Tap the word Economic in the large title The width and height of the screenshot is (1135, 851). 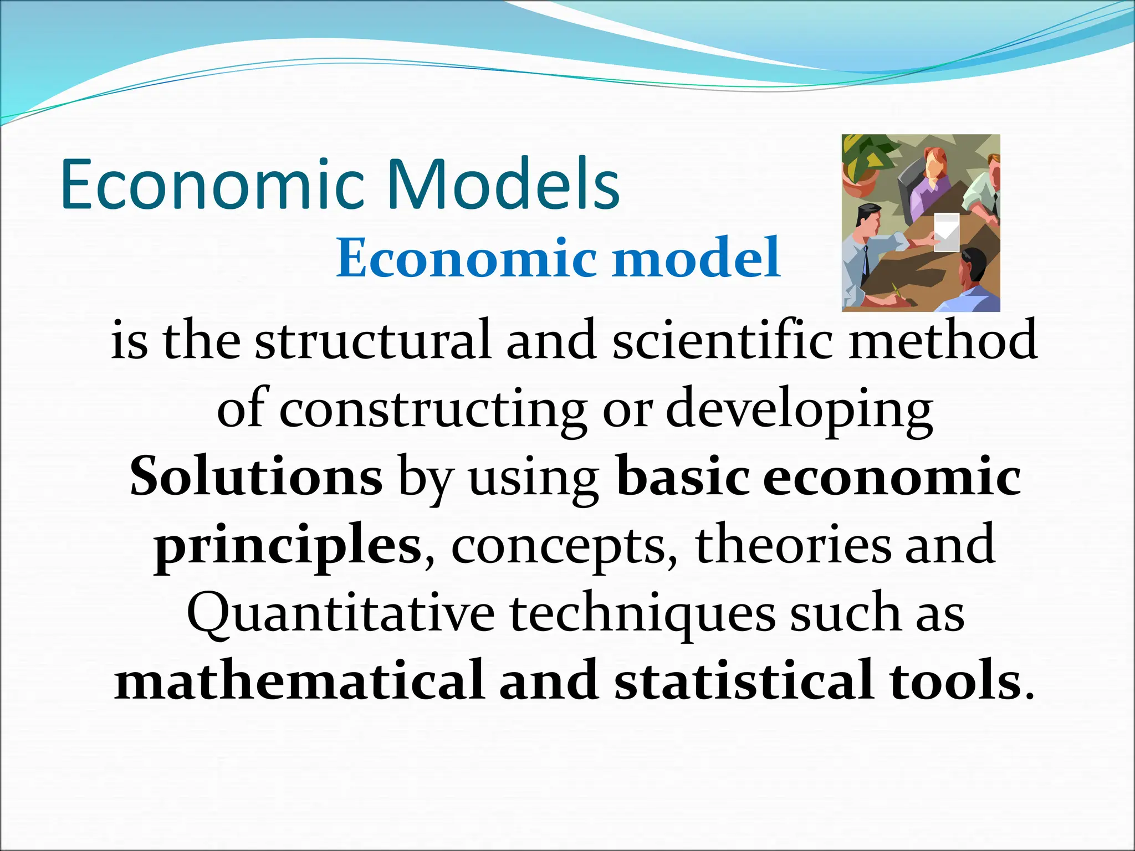(213, 184)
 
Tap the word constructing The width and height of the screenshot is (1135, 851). (432, 411)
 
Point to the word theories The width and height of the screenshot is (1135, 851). (793, 546)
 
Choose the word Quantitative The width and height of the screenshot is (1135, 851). (340, 615)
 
